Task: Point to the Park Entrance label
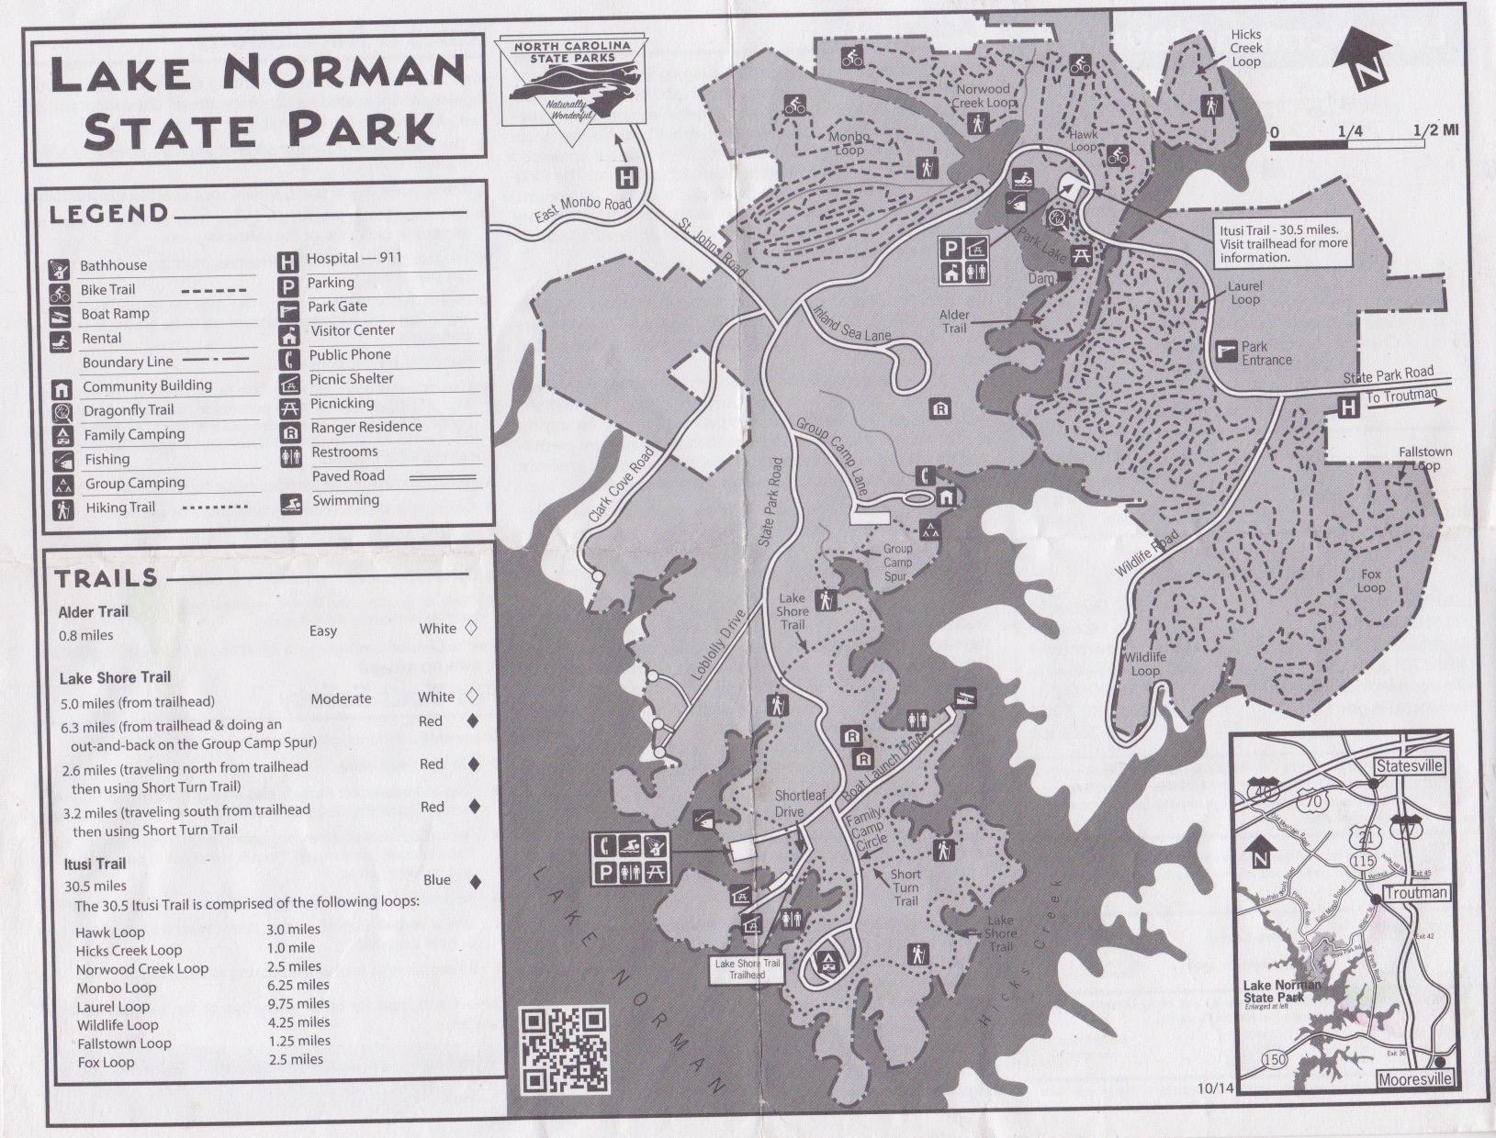tap(1266, 353)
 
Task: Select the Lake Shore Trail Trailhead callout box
tap(747, 969)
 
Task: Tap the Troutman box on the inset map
tap(1415, 892)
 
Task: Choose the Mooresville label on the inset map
tap(1415, 1079)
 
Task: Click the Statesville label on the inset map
tap(1410, 765)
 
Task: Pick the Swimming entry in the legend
tap(345, 501)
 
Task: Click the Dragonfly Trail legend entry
tap(129, 410)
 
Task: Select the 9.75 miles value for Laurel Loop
tap(298, 1004)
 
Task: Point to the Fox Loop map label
tap(1370, 581)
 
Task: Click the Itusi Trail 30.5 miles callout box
tap(1283, 244)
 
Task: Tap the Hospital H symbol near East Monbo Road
tap(625, 177)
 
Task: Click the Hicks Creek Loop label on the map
tap(1246, 48)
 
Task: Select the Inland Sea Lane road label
tap(851, 323)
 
